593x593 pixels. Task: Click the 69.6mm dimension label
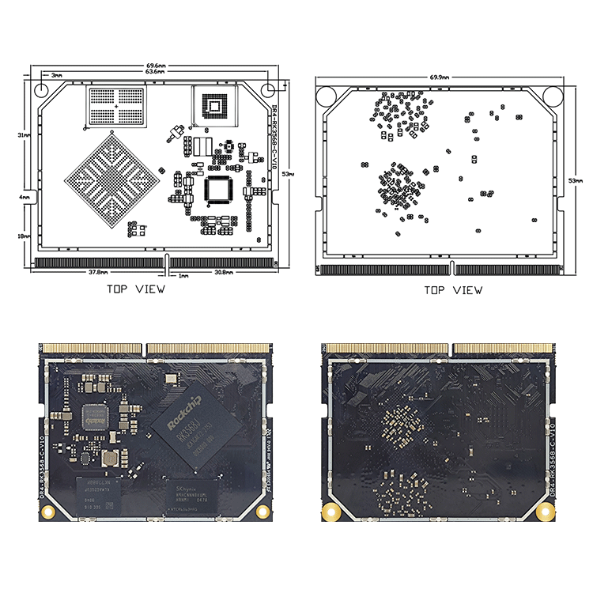(156, 65)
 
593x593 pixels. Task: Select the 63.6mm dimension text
(156, 72)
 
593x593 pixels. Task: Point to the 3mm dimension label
(56, 74)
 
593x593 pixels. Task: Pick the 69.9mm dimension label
(440, 77)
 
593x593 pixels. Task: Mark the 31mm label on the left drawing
(25, 135)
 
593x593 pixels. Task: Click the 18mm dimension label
(25, 236)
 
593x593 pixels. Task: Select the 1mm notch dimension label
(183, 276)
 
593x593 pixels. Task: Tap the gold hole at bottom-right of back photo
(543, 512)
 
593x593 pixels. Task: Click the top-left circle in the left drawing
(47, 87)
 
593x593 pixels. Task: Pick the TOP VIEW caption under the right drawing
(452, 290)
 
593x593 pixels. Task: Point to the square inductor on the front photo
(111, 458)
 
